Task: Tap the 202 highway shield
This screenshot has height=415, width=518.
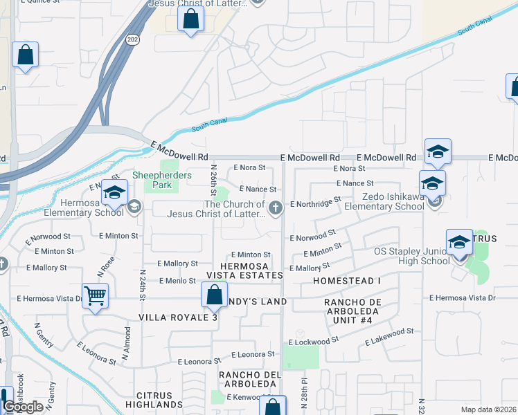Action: click(132, 40)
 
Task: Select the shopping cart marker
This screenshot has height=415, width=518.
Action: click(95, 296)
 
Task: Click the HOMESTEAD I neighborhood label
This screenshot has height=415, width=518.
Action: click(347, 282)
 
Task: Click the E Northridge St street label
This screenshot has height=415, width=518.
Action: click(316, 203)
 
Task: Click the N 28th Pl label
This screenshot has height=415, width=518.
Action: click(303, 392)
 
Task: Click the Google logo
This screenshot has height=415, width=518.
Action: click(24, 407)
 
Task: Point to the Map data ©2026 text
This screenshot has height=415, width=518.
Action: click(488, 409)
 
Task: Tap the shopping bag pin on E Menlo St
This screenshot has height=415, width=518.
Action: click(214, 294)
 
